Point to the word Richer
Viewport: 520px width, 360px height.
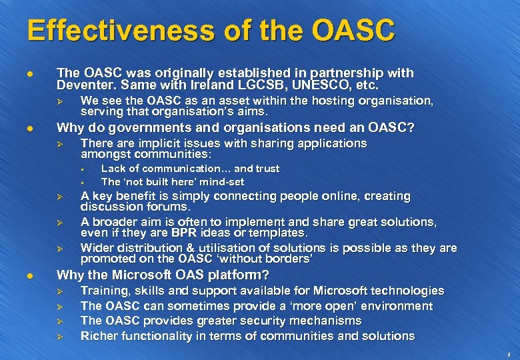pyautogui.click(x=99, y=336)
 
